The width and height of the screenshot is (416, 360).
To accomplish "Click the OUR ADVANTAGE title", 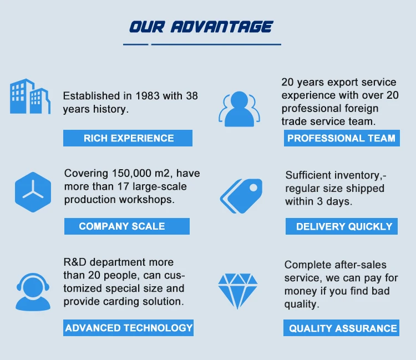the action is [201, 27].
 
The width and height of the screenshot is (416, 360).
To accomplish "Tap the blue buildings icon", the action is [30, 97].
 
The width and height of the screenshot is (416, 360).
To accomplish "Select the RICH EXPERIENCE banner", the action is [128, 138].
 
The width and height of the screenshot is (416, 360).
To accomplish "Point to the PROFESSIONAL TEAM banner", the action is [342, 138].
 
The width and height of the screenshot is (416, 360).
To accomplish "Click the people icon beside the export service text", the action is [239, 109].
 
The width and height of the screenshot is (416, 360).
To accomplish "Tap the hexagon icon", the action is [33, 192].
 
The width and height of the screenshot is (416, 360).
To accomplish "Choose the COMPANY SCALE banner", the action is [127, 226].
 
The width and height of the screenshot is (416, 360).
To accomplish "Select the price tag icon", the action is [241, 196].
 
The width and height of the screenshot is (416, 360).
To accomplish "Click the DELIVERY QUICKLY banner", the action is [342, 226].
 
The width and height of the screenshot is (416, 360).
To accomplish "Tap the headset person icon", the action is [33, 292].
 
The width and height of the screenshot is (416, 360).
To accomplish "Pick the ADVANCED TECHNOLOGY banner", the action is [129, 328].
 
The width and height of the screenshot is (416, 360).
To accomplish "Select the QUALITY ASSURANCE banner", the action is [341, 328].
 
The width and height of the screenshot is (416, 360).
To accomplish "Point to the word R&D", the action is [75, 262].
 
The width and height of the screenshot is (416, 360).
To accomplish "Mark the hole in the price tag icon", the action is [253, 187].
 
